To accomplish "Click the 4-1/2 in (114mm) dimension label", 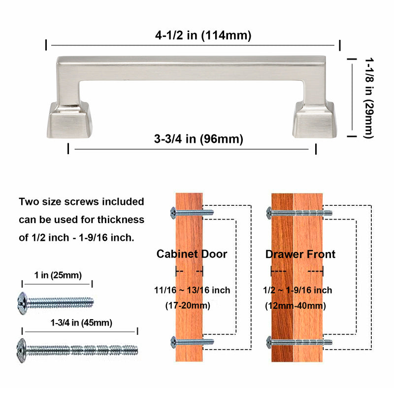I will tap(203, 35).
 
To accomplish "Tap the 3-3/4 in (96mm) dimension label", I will tap(198, 139).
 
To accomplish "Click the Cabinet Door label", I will tap(192, 254).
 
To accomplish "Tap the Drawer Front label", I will tap(300, 254).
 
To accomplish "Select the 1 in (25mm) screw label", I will tap(58, 275).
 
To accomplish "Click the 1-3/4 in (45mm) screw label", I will tap(81, 323).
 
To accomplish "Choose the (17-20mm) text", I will tap(187, 305).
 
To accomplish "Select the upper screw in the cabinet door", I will tap(192, 213).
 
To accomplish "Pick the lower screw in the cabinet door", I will tap(192, 341).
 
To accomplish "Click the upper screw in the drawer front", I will tap(299, 213).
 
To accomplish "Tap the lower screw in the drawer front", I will tap(299, 341).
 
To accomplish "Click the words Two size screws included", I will tap(81, 202).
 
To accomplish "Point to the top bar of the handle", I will tap(192, 67).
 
